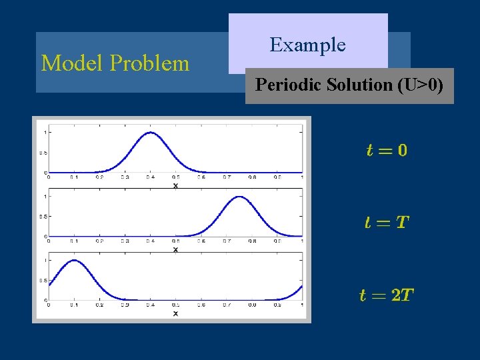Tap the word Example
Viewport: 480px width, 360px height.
(x=307, y=45)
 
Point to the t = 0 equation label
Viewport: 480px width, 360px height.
(x=387, y=150)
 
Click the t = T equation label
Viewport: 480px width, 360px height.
(x=387, y=222)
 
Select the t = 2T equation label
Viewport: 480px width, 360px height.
(x=387, y=295)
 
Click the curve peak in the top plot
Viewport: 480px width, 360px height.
(x=151, y=133)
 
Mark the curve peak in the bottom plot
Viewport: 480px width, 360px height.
(x=73, y=260)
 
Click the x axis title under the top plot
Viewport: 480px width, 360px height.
(x=175, y=185)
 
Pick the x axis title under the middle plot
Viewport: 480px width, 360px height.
(x=175, y=249)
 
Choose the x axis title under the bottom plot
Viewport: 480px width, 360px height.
(x=175, y=313)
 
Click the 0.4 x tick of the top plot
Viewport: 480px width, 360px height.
(x=151, y=177)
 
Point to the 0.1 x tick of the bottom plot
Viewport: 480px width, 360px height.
(x=73, y=305)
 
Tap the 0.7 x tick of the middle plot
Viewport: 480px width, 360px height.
(x=227, y=241)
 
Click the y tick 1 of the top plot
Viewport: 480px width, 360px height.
(x=45, y=133)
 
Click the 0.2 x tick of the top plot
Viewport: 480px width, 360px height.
(x=99, y=177)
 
